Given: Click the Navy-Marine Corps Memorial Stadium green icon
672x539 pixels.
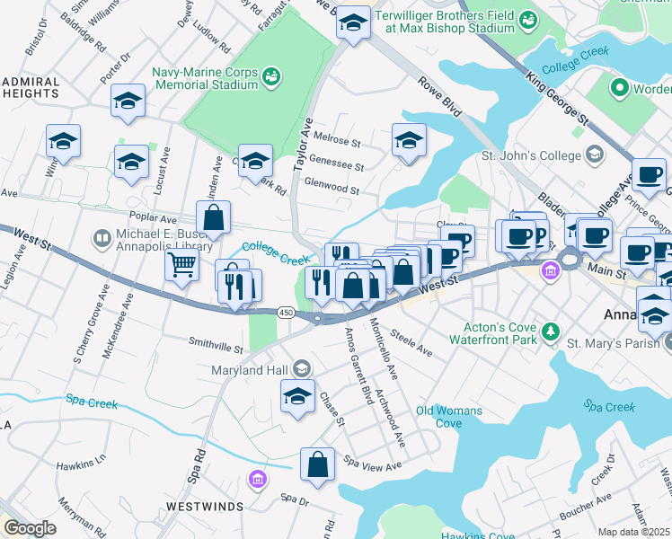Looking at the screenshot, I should click(270, 79).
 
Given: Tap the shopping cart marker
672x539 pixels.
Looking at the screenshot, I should click(181, 265).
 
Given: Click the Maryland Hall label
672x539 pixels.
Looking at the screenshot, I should click(251, 369).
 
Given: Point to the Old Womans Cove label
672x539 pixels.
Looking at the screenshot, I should click(449, 417).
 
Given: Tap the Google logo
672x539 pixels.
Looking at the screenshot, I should click(30, 528).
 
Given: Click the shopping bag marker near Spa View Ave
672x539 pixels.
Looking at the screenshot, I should click(318, 464).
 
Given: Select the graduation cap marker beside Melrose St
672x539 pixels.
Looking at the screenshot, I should click(409, 140).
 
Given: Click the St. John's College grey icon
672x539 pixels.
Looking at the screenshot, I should click(593, 155).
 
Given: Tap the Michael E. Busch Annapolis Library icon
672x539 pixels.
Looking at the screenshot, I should click(101, 239).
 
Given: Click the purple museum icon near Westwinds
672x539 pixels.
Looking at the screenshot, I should click(259, 479).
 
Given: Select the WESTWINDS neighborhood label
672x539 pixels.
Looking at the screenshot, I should click(205, 507).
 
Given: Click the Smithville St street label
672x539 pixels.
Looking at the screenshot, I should click(216, 345).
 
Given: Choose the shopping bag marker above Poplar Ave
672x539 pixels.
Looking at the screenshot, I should click(214, 216).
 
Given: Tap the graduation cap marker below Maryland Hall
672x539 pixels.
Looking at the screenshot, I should click(297, 396).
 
